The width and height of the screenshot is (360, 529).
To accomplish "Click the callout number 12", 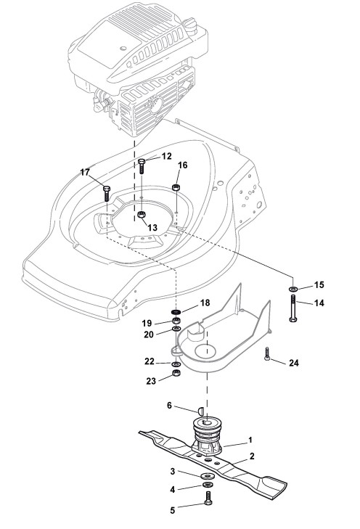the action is point(167,156).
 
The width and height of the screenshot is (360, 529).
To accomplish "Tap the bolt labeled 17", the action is point(107,193).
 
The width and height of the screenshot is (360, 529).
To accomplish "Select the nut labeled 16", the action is point(176,187).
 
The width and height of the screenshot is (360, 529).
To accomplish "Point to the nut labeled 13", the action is point(142,214).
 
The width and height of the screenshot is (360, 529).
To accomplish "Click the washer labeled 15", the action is point(292,289).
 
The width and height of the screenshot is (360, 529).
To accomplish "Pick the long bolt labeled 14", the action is point(292,308).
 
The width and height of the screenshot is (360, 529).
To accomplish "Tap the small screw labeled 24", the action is point(267,353).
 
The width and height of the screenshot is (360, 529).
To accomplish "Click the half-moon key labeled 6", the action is point(200,410).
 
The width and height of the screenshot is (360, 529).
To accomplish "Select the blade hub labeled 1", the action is point(206,436).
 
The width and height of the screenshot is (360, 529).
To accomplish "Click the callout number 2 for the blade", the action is point(252,456).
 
